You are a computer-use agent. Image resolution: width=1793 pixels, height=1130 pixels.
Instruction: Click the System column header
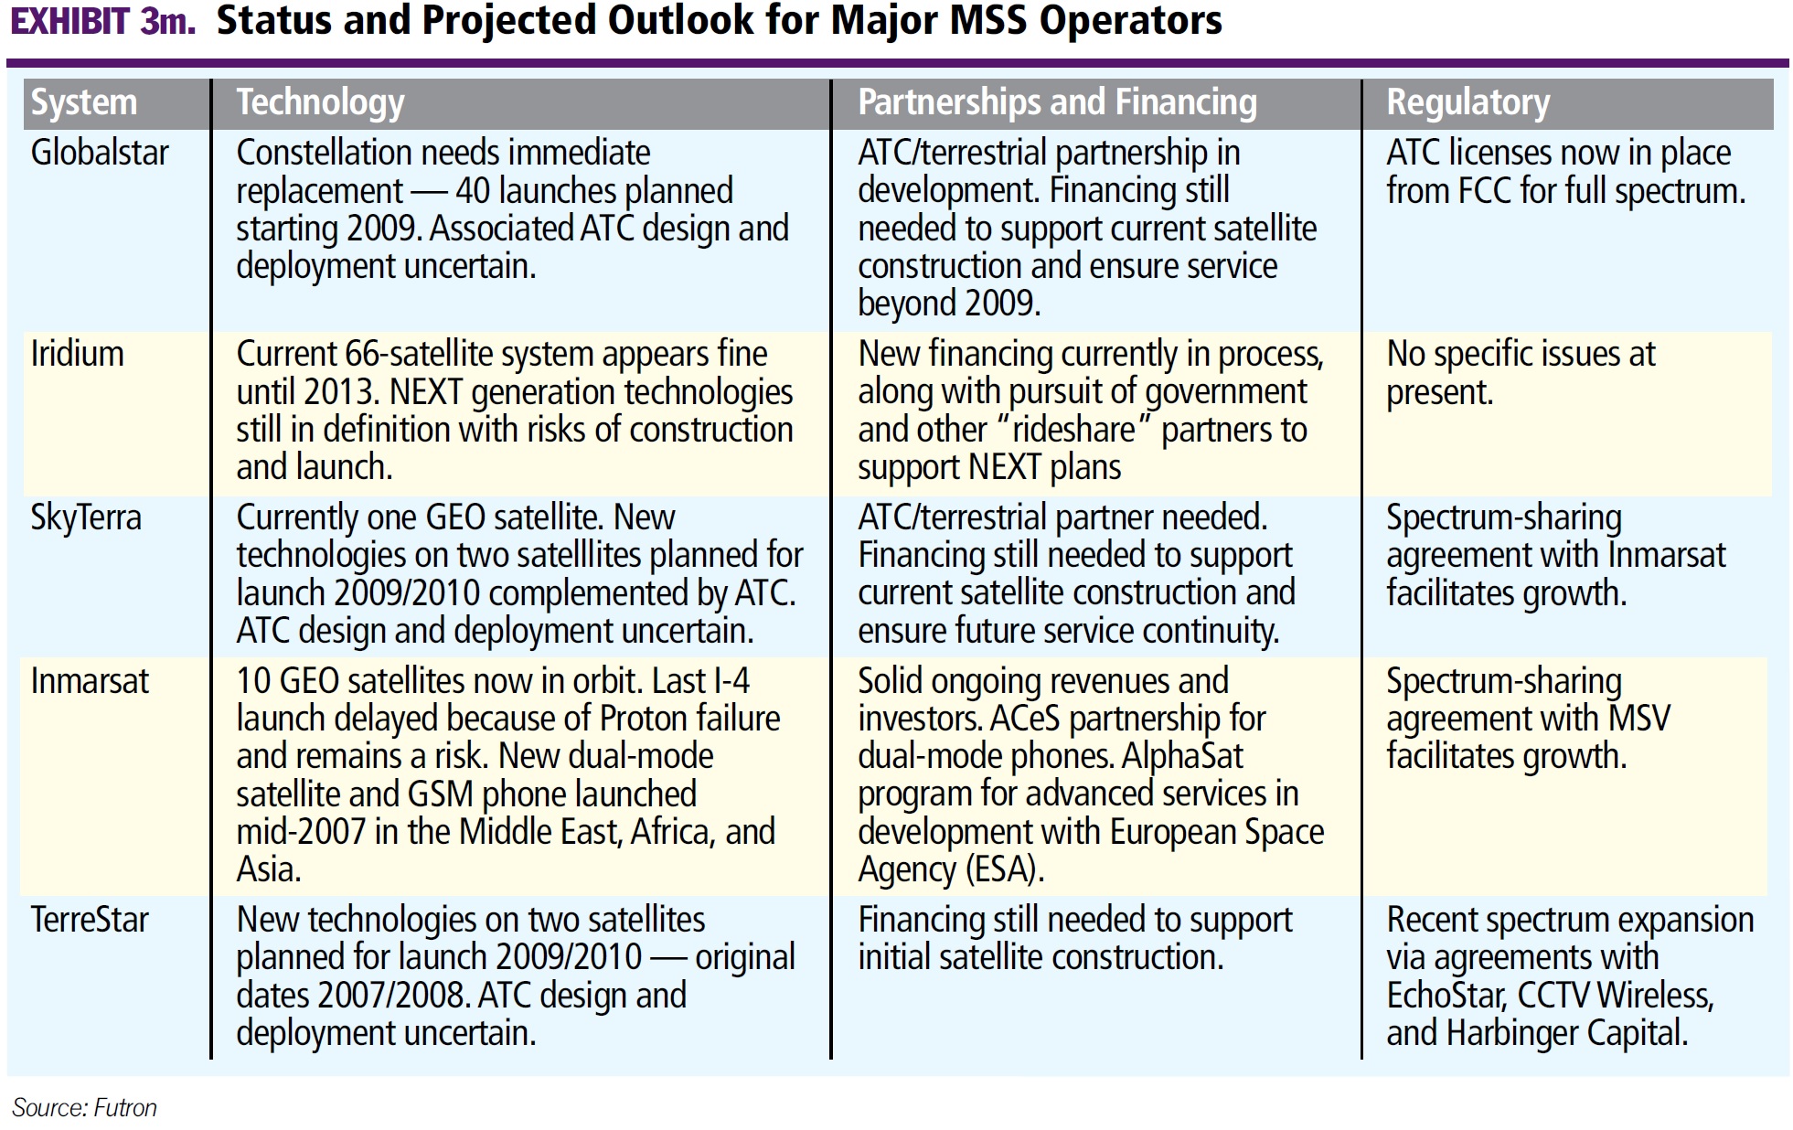(84, 102)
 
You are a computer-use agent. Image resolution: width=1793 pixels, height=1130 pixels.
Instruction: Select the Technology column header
(320, 102)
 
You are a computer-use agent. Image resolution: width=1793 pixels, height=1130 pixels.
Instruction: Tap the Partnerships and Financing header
(1057, 102)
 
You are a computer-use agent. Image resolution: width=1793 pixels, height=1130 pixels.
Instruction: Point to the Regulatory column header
(1467, 102)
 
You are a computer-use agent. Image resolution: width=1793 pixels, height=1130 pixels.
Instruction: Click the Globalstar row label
(100, 153)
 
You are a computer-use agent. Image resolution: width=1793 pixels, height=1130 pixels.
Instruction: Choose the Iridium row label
(77, 354)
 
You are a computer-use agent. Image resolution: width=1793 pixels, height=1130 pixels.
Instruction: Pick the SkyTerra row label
(86, 517)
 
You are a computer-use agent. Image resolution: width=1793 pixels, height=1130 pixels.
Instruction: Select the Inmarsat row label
(90, 681)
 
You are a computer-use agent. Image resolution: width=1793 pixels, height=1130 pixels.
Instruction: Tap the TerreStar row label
(90, 920)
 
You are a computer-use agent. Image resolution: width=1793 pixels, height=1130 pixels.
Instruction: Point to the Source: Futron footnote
(84, 1108)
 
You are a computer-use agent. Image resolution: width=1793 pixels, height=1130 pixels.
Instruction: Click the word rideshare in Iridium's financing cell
(1073, 430)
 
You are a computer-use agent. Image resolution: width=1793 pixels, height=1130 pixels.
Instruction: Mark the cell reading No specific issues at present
(1520, 373)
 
